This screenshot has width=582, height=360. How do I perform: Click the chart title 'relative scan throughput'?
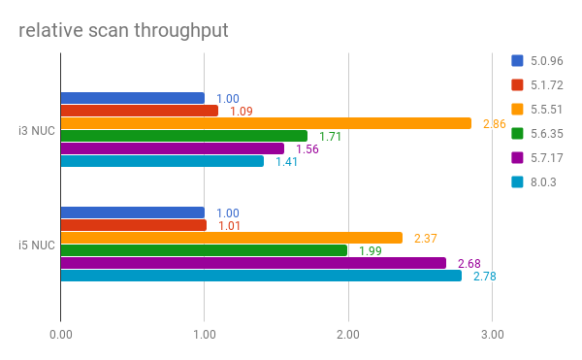pyautogui.click(x=123, y=30)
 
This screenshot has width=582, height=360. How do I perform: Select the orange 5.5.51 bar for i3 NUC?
pyautogui.click(x=266, y=123)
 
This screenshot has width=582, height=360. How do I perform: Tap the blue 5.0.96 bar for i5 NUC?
pyautogui.click(x=132, y=213)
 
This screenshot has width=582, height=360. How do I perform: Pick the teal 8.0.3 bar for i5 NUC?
pyautogui.click(x=261, y=276)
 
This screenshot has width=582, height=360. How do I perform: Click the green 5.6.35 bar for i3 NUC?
pyautogui.click(x=183, y=136)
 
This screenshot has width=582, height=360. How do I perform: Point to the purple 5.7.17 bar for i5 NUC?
pyautogui.click(x=253, y=263)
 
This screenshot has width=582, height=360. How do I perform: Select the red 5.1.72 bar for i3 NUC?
pyautogui.click(x=139, y=111)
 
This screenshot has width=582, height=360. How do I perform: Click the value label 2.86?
pyautogui.click(x=494, y=124)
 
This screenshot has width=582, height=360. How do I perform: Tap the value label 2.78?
pyautogui.click(x=484, y=277)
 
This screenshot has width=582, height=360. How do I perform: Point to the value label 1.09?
pyautogui.click(x=242, y=112)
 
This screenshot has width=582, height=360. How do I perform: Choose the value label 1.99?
pyautogui.click(x=371, y=251)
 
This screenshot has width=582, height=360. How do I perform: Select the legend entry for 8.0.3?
pyautogui.click(x=535, y=182)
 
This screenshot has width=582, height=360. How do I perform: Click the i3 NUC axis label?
pyautogui.click(x=37, y=130)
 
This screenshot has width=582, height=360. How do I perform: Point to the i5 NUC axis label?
pyautogui.click(x=37, y=245)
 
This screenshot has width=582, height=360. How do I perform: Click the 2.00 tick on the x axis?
pyautogui.click(x=348, y=335)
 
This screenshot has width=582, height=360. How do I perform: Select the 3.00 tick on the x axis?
pyautogui.click(x=492, y=335)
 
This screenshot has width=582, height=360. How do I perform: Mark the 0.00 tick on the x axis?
pyautogui.click(x=60, y=335)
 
